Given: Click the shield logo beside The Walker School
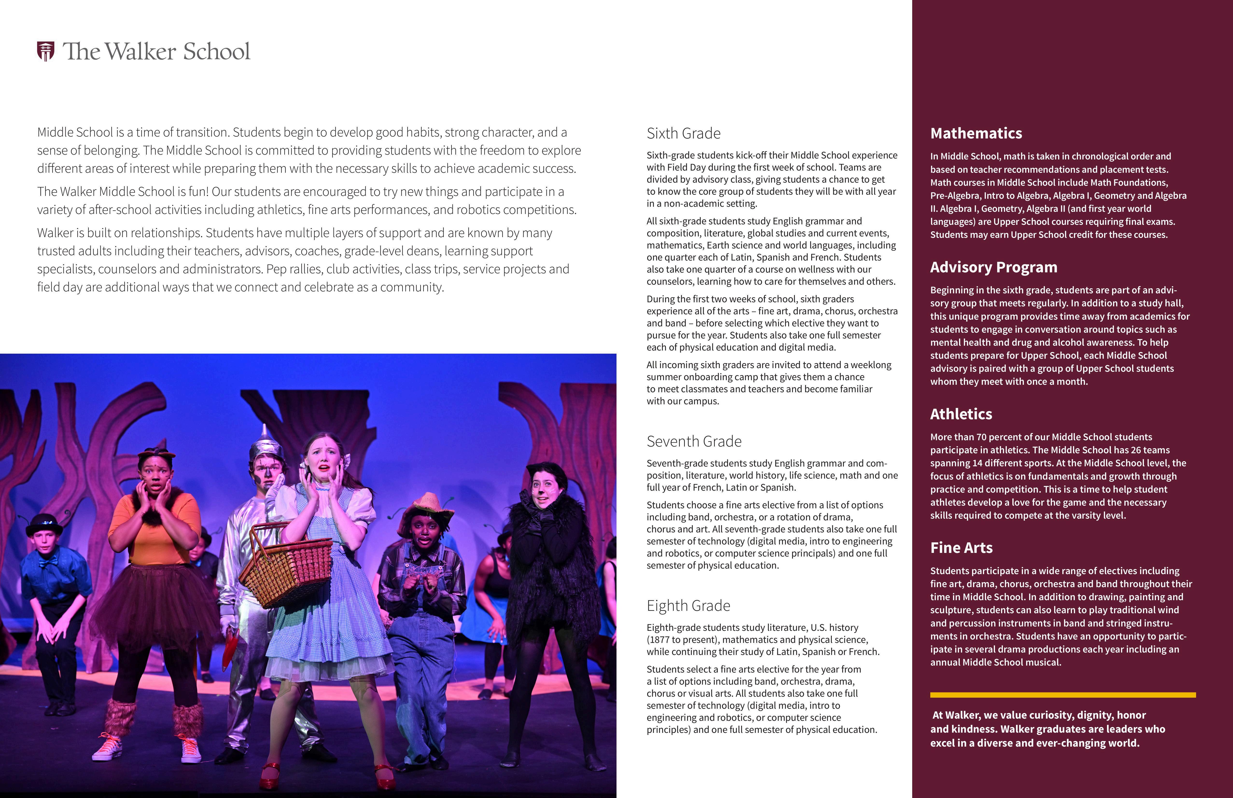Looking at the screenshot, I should [46, 51].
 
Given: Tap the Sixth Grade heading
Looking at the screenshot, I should [683, 134].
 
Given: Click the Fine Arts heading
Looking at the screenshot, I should [961, 548].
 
